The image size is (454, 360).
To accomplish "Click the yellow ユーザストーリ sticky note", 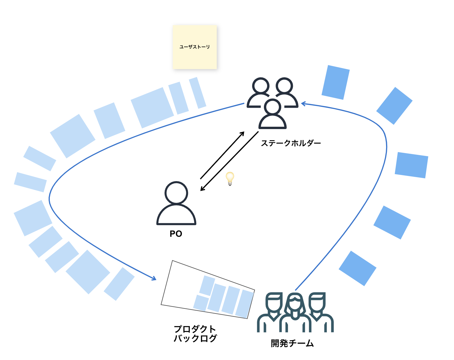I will pos(194,47).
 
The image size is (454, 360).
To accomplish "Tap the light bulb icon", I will pos(230,178).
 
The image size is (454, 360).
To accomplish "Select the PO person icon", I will pos(176,205).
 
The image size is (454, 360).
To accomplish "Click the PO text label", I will pos(176,234).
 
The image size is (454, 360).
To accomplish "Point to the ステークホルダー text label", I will pos(291,143).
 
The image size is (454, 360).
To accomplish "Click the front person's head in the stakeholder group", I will pos(273,107).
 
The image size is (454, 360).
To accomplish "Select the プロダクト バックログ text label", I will pos(195,334).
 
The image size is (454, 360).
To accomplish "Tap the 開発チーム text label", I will pos(292,343).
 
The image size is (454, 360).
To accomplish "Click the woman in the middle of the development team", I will pos(295,312).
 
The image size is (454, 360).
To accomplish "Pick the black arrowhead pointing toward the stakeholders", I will pos(242,133).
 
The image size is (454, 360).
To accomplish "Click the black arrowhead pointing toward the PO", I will pos(202,189).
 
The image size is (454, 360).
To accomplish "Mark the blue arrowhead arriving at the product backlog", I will pos(154,278).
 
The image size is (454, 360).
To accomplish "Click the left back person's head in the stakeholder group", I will pos(261,86).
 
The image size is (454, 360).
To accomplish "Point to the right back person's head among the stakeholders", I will pos(284,86).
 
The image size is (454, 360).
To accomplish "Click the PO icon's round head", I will pos(176,193).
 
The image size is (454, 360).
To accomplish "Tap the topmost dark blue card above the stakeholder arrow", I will pos(336,82).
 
